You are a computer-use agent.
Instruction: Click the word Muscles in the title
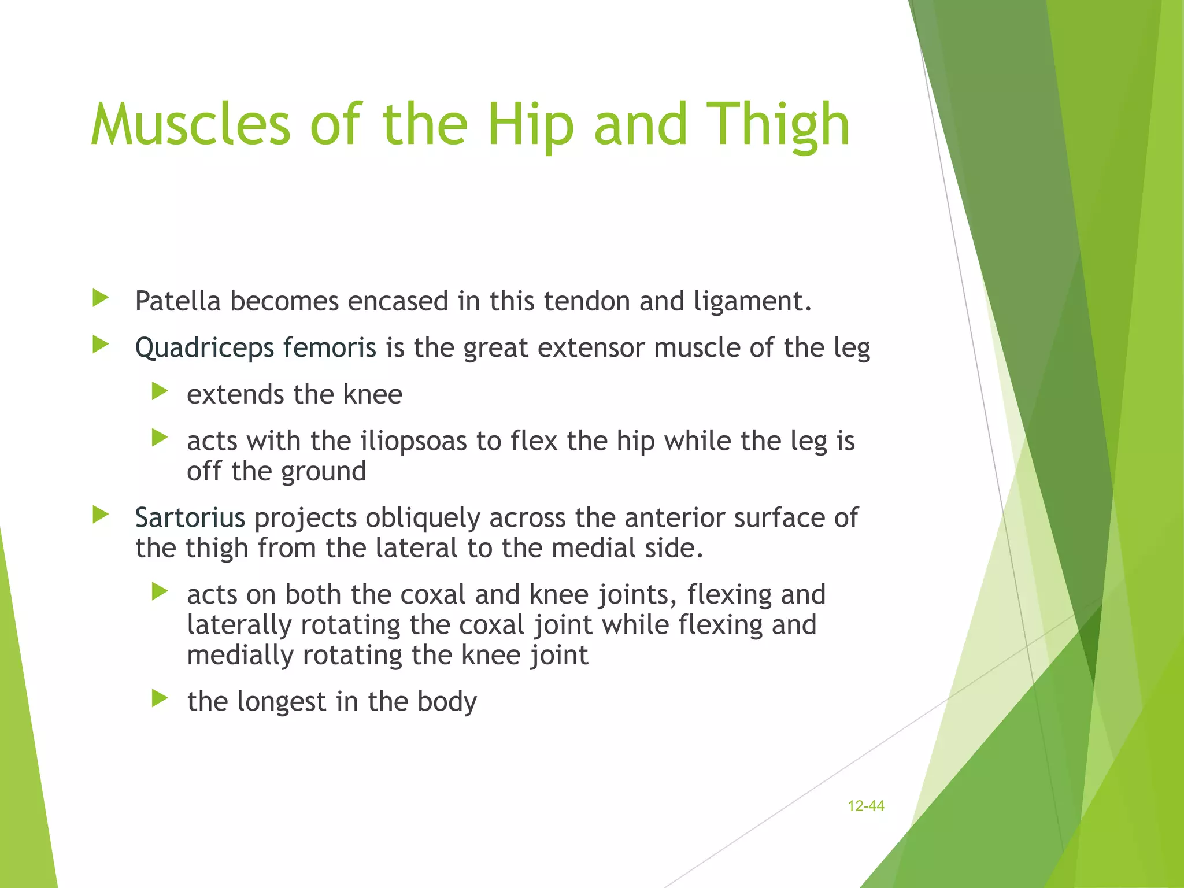[191, 124]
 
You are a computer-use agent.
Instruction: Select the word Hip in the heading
[530, 124]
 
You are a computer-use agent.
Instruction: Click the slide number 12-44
[865, 806]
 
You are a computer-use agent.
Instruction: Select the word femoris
[330, 348]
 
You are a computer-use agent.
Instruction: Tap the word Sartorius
[190, 517]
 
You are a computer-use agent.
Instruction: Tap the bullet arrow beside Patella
[101, 299]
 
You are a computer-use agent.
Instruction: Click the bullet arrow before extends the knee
[160, 392]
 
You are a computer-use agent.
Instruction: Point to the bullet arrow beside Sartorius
[101, 515]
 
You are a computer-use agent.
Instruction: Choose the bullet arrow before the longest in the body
[160, 699]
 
